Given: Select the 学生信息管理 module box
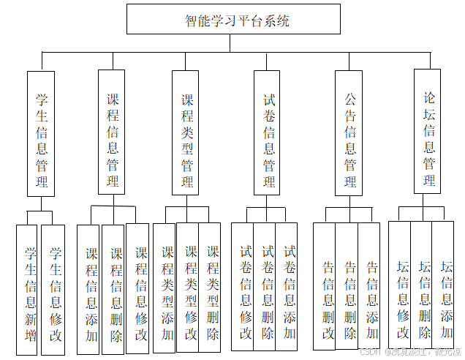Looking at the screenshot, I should click(x=42, y=133).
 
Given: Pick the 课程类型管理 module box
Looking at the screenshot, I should click(x=187, y=132).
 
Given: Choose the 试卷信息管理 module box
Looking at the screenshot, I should click(x=268, y=132).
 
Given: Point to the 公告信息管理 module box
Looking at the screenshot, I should click(x=349, y=132).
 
